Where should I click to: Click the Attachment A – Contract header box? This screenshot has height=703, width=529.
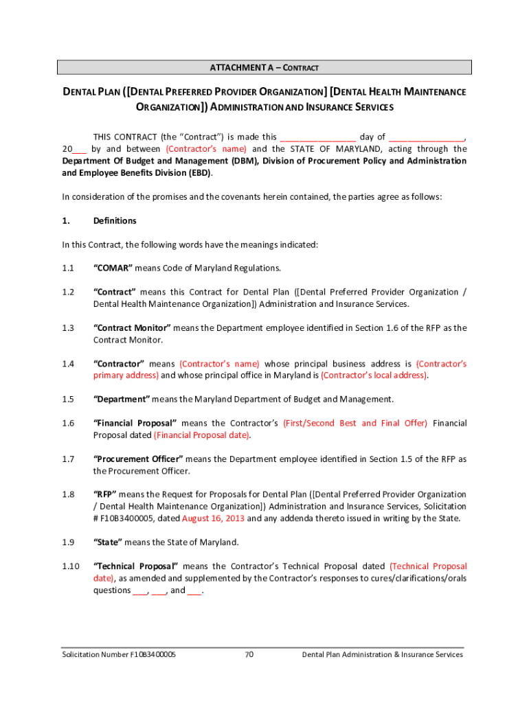[264, 67]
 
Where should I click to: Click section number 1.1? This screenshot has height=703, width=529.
[68, 268]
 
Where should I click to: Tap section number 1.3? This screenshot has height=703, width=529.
[68, 328]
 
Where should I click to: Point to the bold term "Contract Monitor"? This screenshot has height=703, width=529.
[132, 328]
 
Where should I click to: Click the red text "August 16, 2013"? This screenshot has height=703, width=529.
[214, 518]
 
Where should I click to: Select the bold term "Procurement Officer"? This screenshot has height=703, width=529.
[137, 459]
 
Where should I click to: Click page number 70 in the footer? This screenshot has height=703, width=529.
[249, 654]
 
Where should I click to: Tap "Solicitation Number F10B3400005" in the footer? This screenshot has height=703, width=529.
[119, 654]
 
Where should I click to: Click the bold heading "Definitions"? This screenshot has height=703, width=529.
[115, 220]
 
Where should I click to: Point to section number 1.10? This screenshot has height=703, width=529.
[71, 566]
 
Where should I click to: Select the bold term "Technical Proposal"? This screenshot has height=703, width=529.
[136, 566]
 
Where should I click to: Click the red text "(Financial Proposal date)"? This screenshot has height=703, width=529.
[202, 435]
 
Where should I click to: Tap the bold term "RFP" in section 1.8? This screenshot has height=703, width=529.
[105, 494]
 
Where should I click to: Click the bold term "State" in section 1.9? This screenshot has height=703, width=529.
[108, 542]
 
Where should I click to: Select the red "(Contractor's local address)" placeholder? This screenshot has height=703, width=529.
[374, 376]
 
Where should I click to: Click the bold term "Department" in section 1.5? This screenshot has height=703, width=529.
[122, 399]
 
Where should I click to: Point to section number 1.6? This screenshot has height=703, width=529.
[68, 423]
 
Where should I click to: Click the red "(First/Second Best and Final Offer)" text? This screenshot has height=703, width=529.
[355, 423]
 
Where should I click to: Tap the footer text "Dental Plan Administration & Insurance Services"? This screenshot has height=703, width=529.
[383, 654]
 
